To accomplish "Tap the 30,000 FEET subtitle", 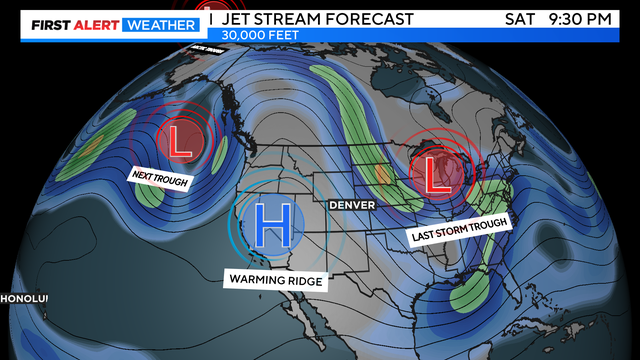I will click(x=260, y=35).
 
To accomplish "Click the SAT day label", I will click(x=521, y=17).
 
